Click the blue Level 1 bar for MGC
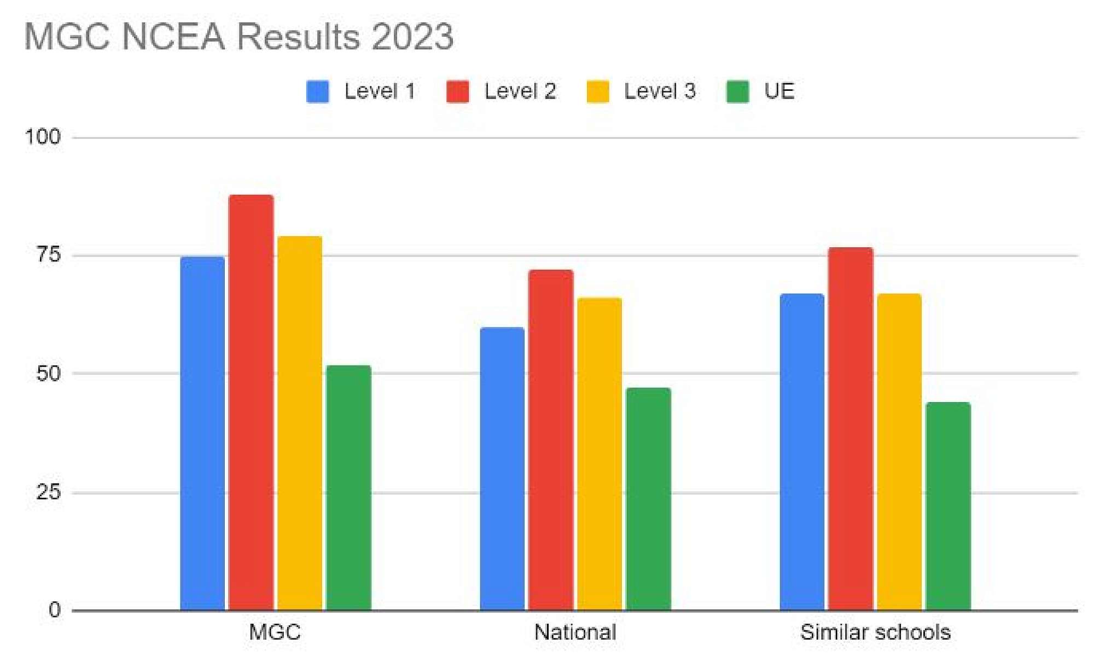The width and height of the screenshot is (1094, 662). (202, 433)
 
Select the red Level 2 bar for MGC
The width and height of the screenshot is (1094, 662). (251, 402)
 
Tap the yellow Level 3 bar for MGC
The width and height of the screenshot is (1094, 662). (300, 423)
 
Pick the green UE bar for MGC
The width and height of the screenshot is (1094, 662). (348, 487)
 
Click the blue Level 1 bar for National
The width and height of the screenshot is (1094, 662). (502, 468)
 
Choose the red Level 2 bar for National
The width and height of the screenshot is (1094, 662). (551, 440)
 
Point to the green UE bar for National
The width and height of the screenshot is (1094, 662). (648, 499)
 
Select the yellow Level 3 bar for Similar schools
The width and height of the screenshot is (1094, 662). (899, 452)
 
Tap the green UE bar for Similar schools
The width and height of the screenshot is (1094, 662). (948, 506)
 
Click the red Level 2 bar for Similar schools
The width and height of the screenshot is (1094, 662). (851, 429)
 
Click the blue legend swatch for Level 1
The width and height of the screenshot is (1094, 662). (318, 91)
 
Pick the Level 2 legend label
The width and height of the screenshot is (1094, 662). (520, 91)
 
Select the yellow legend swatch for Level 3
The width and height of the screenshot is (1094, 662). (598, 91)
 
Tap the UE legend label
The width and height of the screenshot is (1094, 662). (779, 91)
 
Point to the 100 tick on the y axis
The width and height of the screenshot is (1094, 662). (43, 137)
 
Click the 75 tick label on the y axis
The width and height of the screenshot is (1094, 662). (48, 255)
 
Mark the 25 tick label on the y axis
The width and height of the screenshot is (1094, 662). (48, 492)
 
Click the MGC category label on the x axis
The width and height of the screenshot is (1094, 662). (275, 632)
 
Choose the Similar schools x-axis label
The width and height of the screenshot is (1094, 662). (875, 632)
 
